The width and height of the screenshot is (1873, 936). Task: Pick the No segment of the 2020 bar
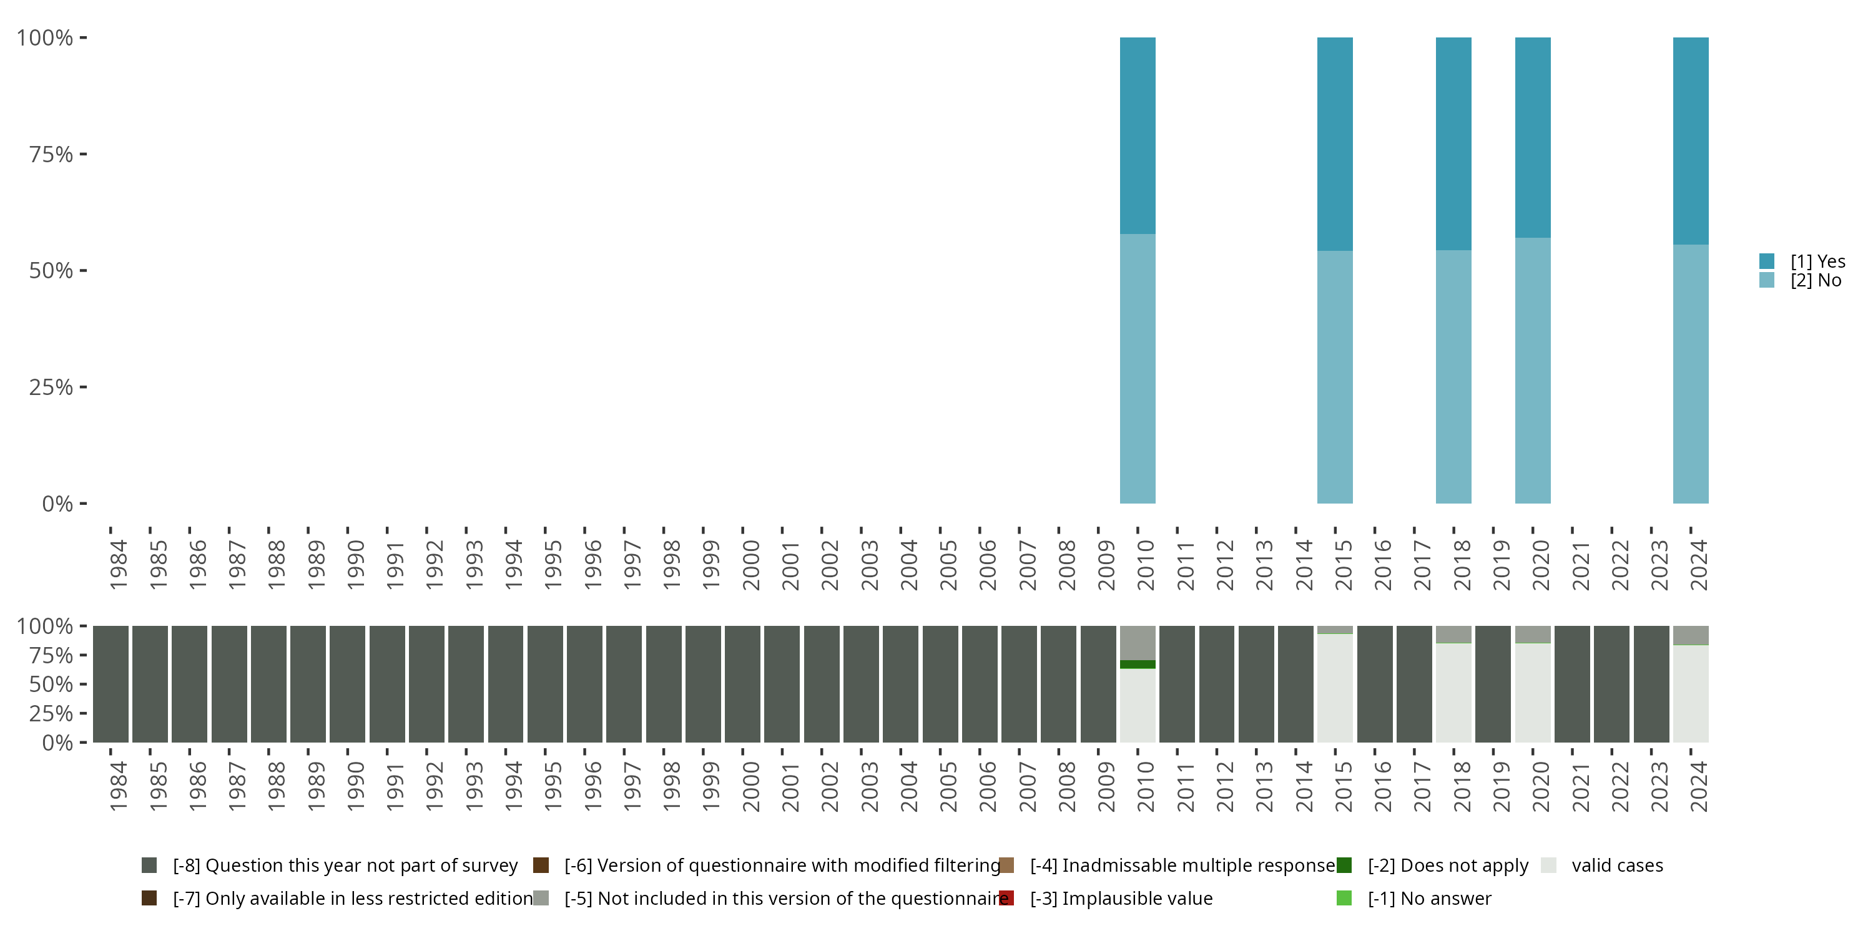click(1533, 370)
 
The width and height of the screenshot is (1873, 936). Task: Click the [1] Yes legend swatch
click(1767, 261)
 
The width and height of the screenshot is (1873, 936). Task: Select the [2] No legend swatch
click(1767, 280)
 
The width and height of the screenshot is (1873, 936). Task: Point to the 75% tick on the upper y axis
click(83, 154)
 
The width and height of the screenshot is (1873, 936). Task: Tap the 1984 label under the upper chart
click(119, 565)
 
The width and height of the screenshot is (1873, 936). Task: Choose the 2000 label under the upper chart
click(750, 565)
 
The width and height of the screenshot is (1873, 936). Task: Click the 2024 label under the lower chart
click(1698, 786)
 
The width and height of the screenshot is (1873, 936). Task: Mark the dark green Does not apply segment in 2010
click(1137, 664)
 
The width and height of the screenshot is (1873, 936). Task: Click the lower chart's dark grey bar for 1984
click(111, 684)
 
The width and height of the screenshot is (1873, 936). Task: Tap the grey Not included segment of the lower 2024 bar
click(1691, 635)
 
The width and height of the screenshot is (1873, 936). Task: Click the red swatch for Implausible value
click(1006, 898)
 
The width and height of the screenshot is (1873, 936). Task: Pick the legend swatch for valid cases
click(1549, 865)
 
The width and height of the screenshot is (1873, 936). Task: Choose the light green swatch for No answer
click(1344, 898)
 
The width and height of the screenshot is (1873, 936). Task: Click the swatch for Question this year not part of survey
click(149, 865)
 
